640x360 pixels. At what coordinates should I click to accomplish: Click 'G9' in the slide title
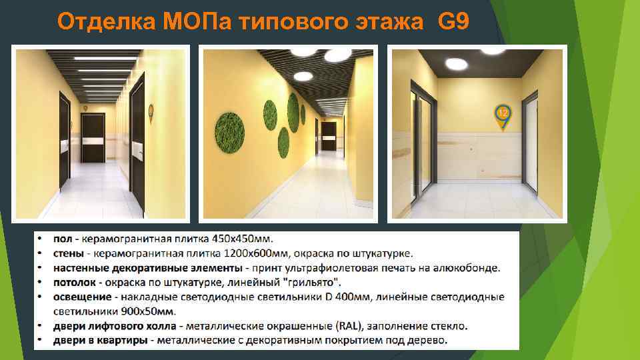coord(453,22)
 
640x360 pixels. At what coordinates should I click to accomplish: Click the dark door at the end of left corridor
coord(93,137)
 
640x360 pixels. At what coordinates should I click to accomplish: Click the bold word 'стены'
coord(69,253)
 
